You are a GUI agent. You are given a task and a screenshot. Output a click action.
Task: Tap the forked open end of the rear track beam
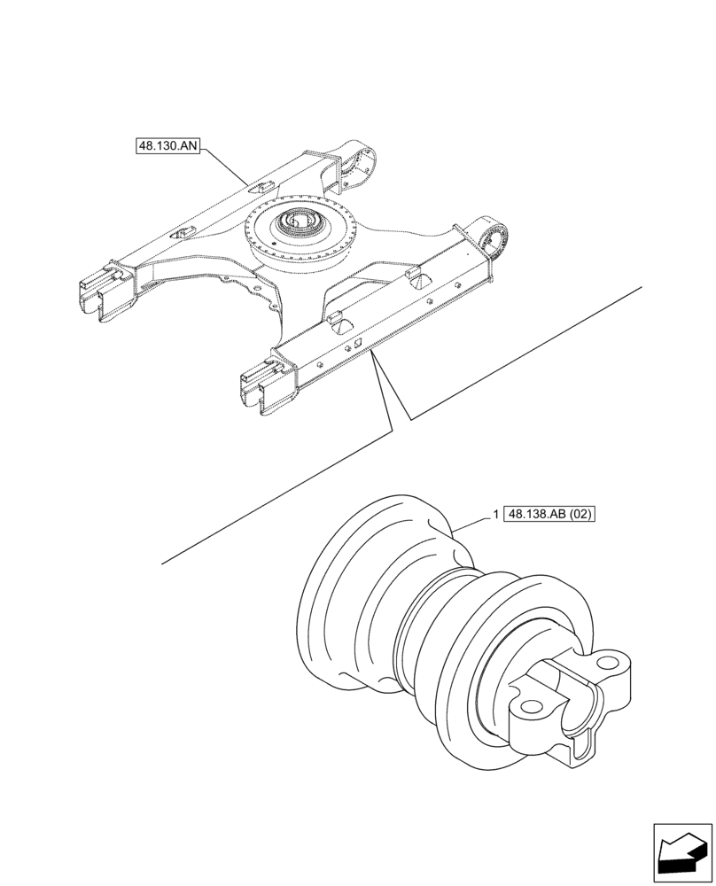[104, 292]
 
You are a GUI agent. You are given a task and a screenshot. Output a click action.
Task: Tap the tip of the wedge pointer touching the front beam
[373, 352]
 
